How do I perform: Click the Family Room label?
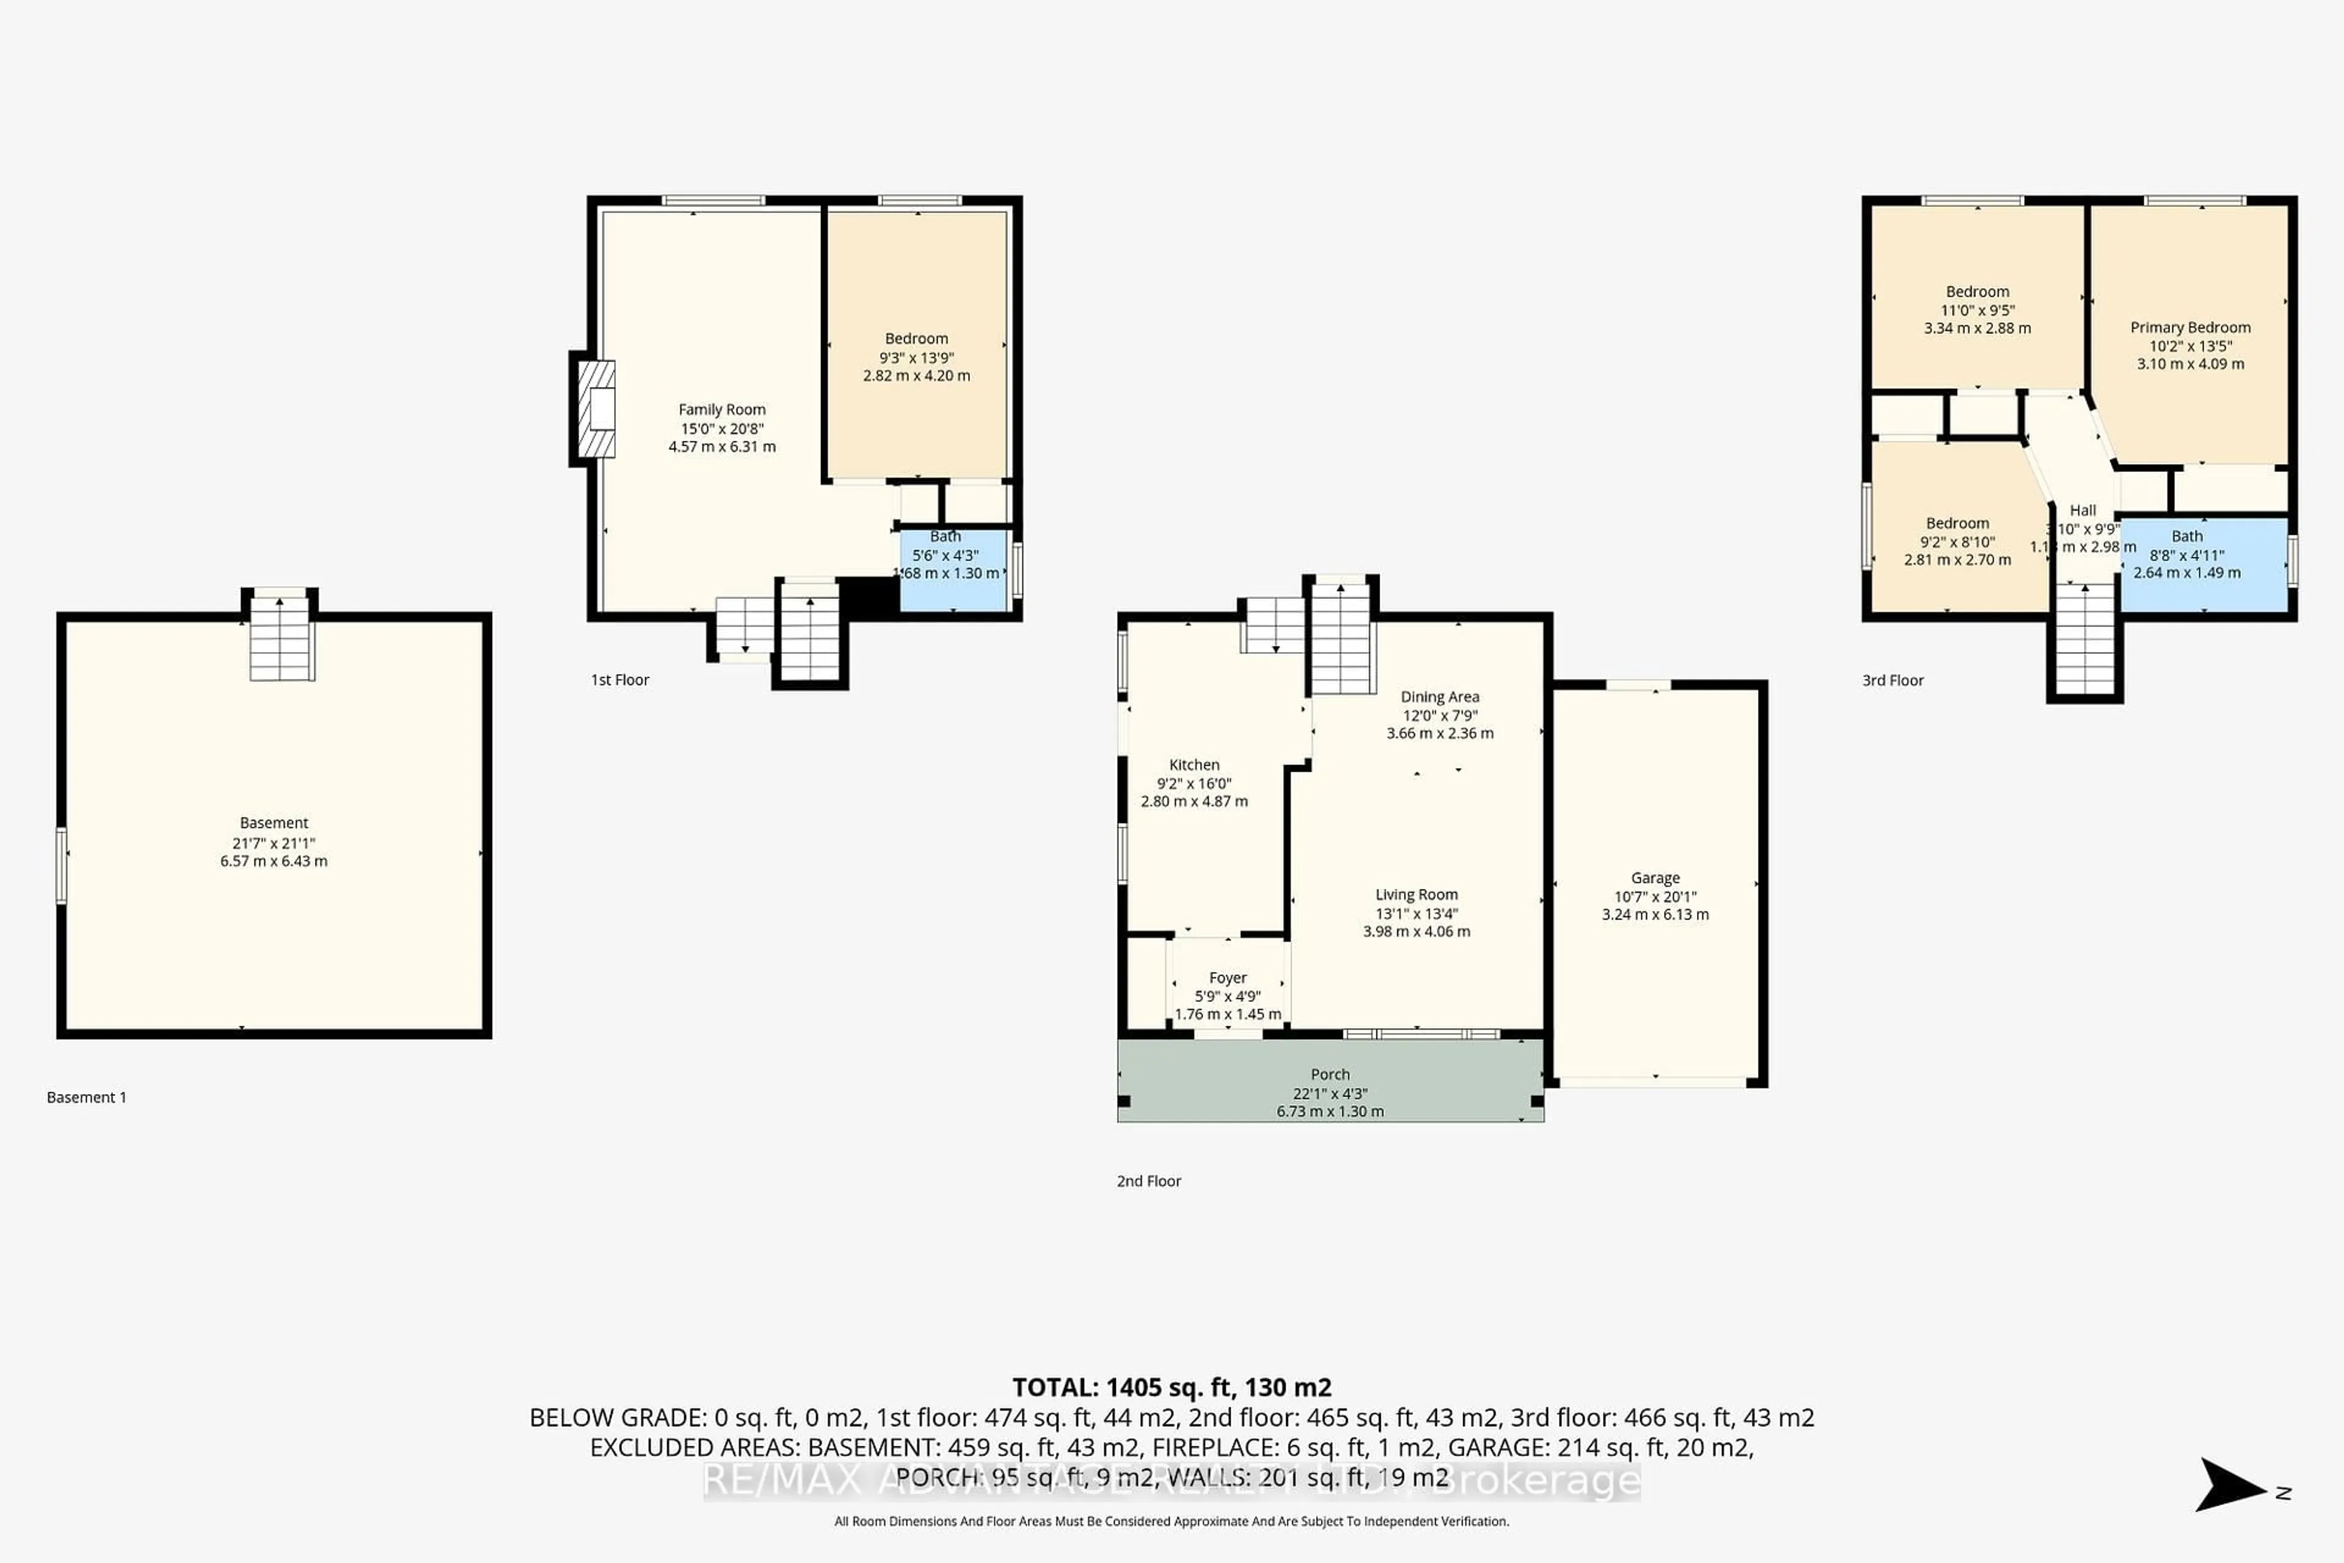click(x=722, y=410)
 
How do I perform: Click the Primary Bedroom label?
click(x=2190, y=327)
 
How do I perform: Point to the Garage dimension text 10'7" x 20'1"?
click(x=1655, y=896)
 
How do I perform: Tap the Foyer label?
click(x=1228, y=978)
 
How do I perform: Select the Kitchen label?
click(x=1194, y=764)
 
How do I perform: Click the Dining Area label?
click(x=1439, y=697)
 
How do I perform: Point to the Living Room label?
click(x=1416, y=895)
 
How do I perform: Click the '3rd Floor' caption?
click(x=1892, y=680)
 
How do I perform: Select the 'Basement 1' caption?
click(x=87, y=1098)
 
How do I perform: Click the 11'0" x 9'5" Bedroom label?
click(x=1977, y=292)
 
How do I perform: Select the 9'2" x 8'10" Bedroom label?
click(x=1958, y=523)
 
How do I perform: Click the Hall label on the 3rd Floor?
click(x=2083, y=510)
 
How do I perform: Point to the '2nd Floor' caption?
click(x=1148, y=1181)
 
